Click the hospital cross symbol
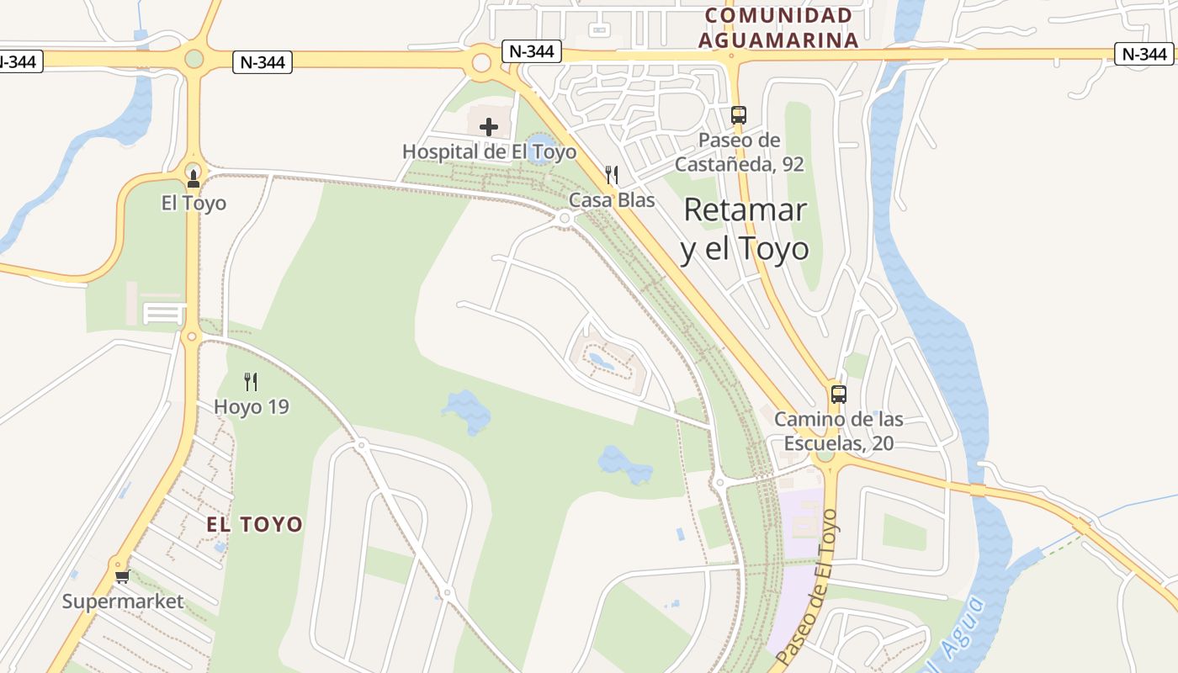click(x=489, y=127)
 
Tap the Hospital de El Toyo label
click(x=489, y=152)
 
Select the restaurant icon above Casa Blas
click(x=612, y=175)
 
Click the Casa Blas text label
click(x=612, y=200)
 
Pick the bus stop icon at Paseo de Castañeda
click(x=739, y=115)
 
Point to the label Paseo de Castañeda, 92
click(x=740, y=152)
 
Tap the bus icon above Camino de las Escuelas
click(x=838, y=394)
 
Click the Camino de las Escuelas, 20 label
click(x=838, y=431)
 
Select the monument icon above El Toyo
click(x=194, y=178)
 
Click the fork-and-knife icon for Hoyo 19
click(x=251, y=382)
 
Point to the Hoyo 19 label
click(x=251, y=407)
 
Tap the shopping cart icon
click(x=123, y=577)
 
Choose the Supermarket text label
click(x=123, y=601)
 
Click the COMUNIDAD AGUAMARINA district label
click(x=778, y=27)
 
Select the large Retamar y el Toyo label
click(x=745, y=229)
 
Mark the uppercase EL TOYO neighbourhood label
click(x=255, y=525)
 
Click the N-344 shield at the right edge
click(x=1144, y=54)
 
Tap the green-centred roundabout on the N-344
click(x=194, y=59)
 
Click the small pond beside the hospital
click(x=539, y=149)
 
